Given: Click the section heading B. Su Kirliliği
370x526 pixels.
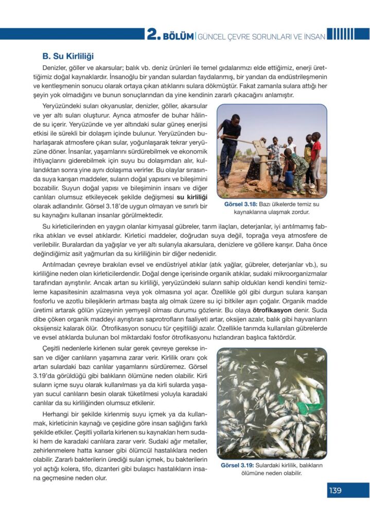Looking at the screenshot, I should (67, 55).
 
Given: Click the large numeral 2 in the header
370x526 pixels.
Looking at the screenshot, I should (152, 34).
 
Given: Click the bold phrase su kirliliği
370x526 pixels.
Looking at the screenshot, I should (191, 197).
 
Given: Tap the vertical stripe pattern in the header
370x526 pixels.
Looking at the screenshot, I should (340, 34).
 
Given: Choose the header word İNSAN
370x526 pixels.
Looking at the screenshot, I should (310, 35).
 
